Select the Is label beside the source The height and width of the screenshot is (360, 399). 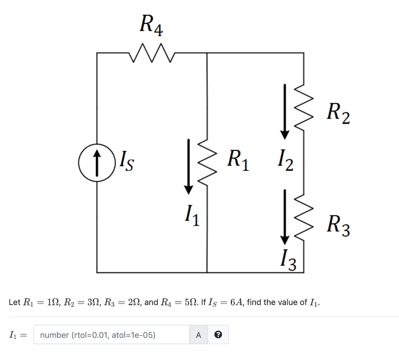tap(127, 160)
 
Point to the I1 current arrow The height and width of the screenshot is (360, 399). tap(189, 166)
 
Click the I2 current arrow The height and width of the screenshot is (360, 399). tap(286, 111)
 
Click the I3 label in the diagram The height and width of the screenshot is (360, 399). tap(288, 260)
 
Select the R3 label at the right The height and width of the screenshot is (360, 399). tap(338, 227)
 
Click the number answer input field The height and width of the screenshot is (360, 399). tap(111, 335)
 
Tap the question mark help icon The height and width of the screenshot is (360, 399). tap(218, 335)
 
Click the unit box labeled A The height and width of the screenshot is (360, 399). tap(198, 335)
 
